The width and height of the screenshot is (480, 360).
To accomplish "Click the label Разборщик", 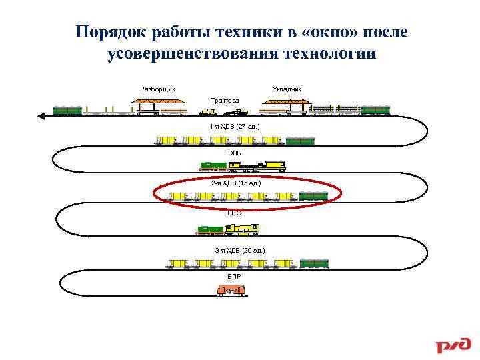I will (158, 89).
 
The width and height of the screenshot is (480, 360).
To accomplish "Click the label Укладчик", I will (287, 89).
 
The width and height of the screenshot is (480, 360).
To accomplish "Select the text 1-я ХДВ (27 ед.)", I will (234, 126).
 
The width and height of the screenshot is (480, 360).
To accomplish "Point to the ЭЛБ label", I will (234, 153).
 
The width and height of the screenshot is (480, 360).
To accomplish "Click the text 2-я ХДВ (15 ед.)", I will (235, 182).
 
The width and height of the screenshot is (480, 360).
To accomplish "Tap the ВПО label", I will (234, 213).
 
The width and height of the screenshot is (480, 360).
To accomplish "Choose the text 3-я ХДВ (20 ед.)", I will (239, 250).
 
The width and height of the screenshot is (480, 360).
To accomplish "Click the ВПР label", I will (234, 276).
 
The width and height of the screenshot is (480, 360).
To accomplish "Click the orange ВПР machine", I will (231, 289).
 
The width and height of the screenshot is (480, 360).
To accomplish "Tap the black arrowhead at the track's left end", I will (41, 115).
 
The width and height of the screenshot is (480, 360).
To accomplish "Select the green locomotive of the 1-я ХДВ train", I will (300, 141).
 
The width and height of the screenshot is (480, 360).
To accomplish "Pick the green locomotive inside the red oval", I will (313, 196).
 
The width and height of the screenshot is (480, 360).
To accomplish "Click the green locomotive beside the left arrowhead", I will (67, 111).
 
